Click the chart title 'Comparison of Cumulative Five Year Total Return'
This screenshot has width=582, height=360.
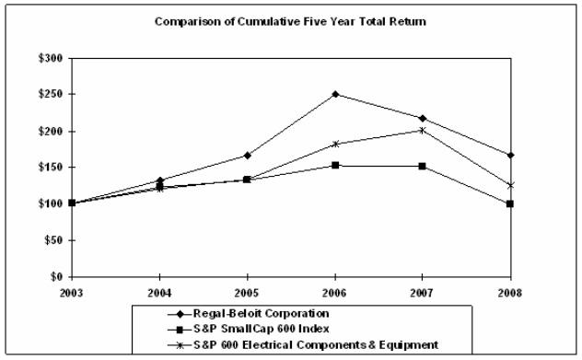pyautogui.click(x=290, y=20)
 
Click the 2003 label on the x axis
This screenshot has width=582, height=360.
pyautogui.click(x=72, y=292)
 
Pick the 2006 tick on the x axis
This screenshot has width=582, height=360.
pyautogui.click(x=335, y=292)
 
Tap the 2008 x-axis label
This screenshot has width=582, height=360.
pyautogui.click(x=510, y=292)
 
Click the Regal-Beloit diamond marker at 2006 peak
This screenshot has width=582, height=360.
pyautogui.click(x=335, y=94)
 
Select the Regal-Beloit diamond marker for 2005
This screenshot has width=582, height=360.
pyautogui.click(x=248, y=155)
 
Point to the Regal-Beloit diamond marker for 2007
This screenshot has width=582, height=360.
pyautogui.click(x=423, y=118)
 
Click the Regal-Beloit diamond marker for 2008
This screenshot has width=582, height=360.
pyautogui.click(x=510, y=155)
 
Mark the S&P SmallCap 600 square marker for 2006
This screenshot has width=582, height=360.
pyautogui.click(x=335, y=166)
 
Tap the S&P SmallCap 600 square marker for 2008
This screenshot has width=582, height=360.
pyautogui.click(x=510, y=203)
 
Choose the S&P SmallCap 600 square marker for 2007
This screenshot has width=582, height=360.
pyautogui.click(x=423, y=167)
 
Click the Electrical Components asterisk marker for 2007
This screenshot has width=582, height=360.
pyautogui.click(x=423, y=130)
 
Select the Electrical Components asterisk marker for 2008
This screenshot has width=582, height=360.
pyautogui.click(x=510, y=185)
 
